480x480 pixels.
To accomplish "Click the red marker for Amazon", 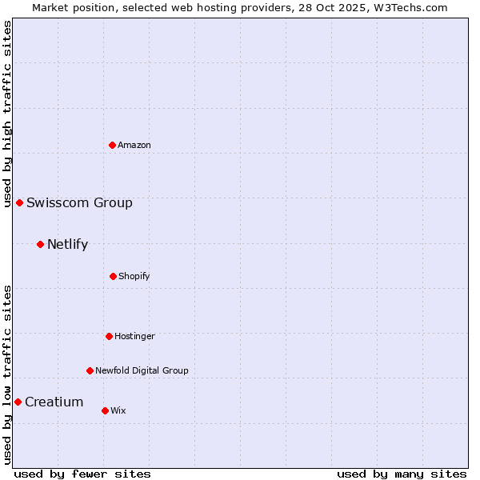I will (x=112, y=145).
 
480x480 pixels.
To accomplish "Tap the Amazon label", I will (x=134, y=145).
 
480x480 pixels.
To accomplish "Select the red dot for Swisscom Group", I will (x=19, y=202).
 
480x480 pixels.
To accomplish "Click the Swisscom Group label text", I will (x=79, y=202).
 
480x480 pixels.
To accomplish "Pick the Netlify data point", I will (x=40, y=244).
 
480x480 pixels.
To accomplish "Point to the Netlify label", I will (x=67, y=244).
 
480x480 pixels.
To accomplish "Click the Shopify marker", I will (x=113, y=276).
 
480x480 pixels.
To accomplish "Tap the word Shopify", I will (x=134, y=276).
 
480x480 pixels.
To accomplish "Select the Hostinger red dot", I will (x=109, y=336).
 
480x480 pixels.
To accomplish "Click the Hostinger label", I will (x=134, y=336).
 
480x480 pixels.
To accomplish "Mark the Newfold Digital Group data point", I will (x=90, y=370).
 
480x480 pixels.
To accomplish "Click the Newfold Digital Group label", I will (x=142, y=370).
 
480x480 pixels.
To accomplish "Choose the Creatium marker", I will (x=18, y=402).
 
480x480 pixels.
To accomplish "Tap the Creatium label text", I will (x=54, y=402).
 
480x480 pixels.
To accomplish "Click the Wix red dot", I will (x=105, y=410).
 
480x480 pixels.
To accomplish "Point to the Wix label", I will (x=118, y=410).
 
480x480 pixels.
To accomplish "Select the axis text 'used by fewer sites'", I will (x=82, y=474).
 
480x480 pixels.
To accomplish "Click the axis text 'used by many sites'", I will (x=402, y=474).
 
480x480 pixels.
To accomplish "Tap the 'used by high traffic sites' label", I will (x=7, y=113).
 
